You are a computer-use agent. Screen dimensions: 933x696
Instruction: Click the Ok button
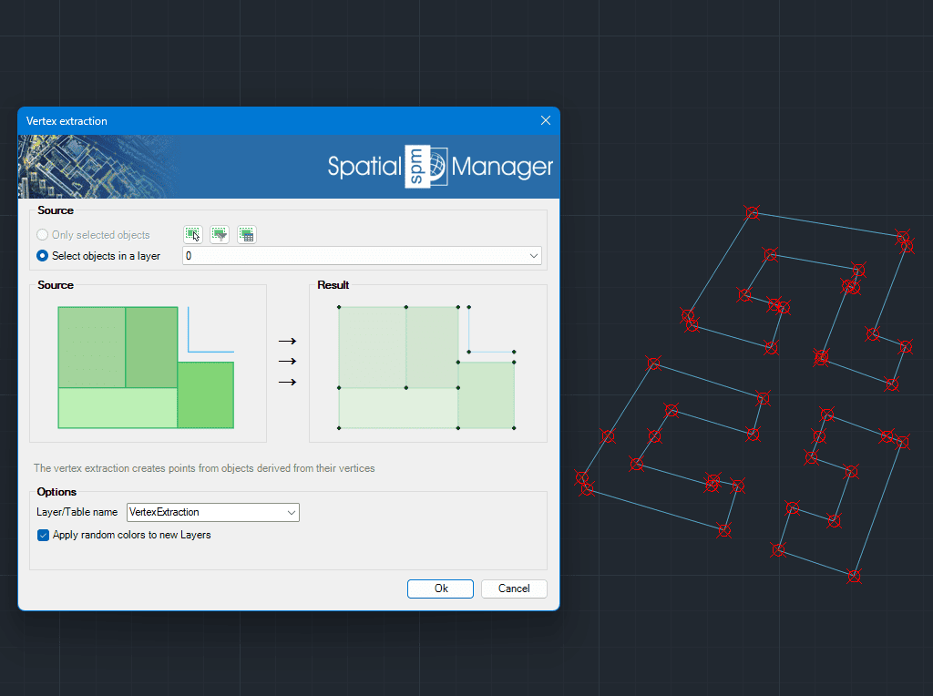(440, 589)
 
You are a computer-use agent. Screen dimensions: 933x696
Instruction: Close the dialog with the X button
(546, 120)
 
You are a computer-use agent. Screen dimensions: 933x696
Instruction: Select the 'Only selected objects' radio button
(42, 234)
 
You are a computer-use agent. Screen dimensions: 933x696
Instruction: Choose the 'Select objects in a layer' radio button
(42, 255)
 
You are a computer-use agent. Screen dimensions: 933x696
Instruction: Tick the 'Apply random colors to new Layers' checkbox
(43, 535)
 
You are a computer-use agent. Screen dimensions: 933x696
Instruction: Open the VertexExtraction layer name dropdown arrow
(292, 512)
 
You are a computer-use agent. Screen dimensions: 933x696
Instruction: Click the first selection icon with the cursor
(192, 234)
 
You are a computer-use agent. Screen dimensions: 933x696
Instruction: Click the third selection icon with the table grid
(246, 234)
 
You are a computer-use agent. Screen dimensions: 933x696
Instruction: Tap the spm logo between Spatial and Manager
(426, 167)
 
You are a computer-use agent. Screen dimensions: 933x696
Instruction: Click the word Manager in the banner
(502, 167)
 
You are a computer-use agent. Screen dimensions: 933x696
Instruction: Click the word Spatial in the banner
(365, 167)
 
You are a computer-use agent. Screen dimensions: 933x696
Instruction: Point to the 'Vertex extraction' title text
(67, 121)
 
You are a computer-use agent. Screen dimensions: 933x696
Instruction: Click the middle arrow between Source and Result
(287, 361)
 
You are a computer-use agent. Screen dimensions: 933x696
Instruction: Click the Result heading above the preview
(333, 285)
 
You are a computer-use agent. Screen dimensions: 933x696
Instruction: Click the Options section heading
(56, 492)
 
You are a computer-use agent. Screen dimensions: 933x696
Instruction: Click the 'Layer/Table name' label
(77, 512)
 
